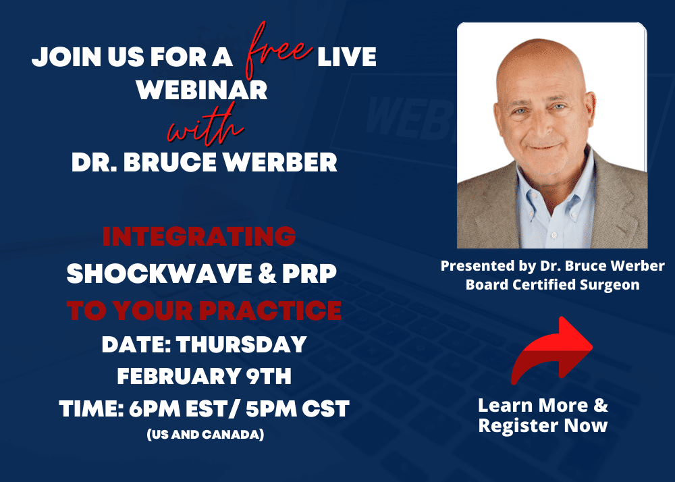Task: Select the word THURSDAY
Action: (242, 344)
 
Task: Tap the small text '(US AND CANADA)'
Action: (205, 435)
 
